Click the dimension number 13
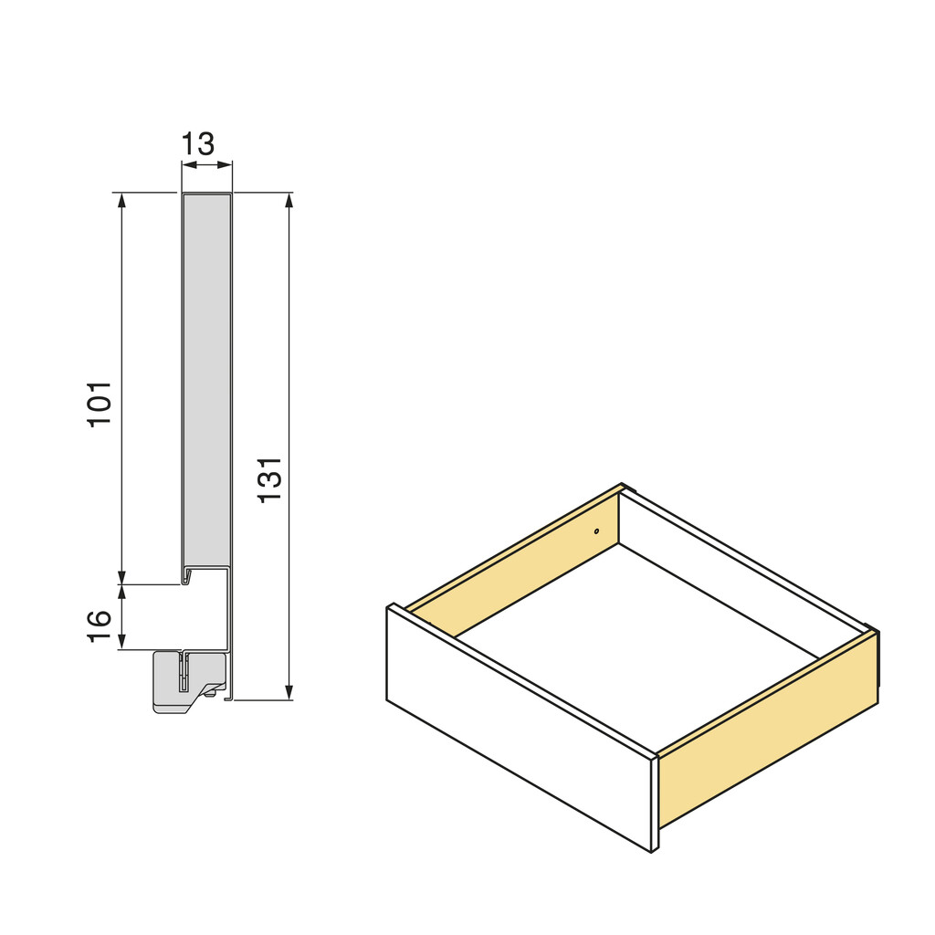(197, 144)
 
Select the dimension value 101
(100, 403)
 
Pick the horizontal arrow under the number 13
(207, 165)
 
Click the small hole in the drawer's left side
(596, 531)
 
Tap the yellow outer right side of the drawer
(767, 730)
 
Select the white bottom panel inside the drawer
(639, 639)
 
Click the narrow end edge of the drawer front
(655, 804)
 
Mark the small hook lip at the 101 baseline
(185, 579)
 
